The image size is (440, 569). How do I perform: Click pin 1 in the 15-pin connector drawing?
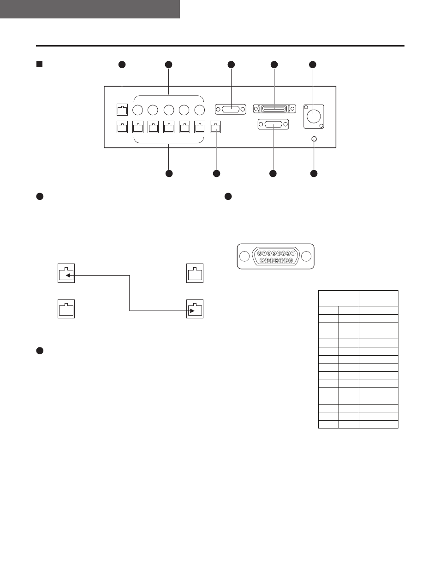pos(293,253)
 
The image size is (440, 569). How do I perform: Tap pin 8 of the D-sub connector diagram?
pos(260,253)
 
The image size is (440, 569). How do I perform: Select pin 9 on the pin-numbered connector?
pos(291,260)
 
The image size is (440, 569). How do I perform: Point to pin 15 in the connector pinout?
pos(262,260)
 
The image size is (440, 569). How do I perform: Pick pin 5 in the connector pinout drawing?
pos(274,253)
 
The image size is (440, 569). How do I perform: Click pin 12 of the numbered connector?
pos(276,260)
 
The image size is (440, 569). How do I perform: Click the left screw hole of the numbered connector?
pos(244,256)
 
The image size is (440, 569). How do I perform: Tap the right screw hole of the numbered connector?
pos(306,256)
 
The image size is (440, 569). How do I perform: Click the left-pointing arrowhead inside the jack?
pos(68,275)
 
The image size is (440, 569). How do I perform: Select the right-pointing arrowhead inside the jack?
pos(192,311)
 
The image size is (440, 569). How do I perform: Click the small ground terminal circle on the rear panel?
pos(314,139)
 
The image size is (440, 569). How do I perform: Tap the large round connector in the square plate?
pos(314,116)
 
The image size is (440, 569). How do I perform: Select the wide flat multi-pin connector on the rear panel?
pos(274,109)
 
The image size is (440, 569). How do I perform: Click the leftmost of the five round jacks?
pos(137,110)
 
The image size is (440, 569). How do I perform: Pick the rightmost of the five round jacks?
pos(200,110)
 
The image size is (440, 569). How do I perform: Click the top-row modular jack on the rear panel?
pos(122,110)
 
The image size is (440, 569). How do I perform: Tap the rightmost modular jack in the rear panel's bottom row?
pos(215,127)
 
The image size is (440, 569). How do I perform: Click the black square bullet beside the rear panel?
pos(39,65)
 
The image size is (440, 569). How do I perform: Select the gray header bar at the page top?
pos(90,9)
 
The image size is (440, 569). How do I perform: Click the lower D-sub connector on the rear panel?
pos(274,124)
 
